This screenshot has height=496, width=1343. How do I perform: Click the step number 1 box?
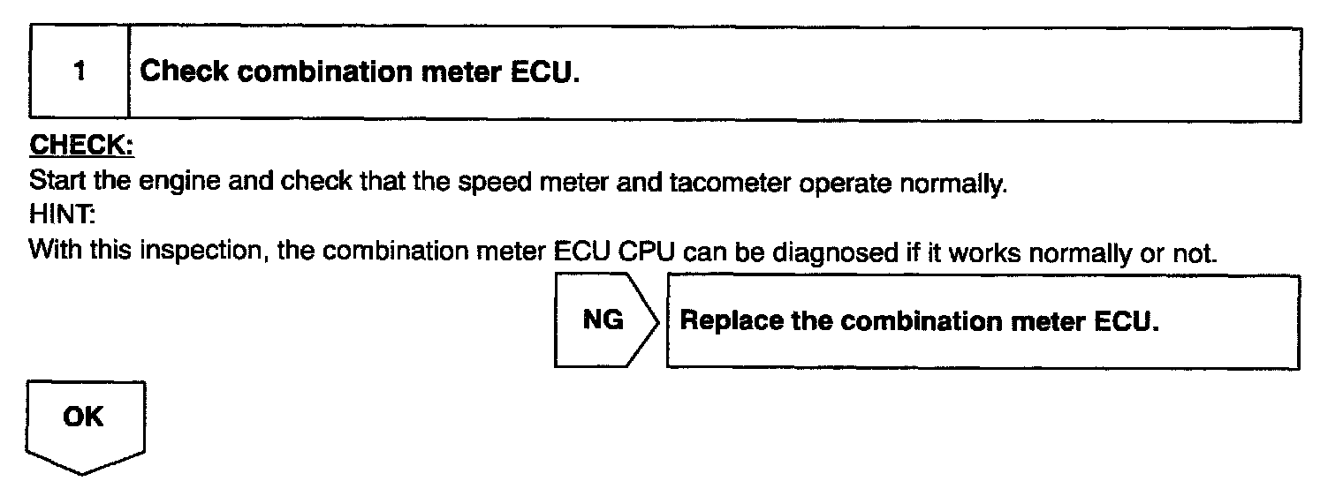(80, 72)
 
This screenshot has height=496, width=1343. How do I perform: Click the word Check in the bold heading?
(185, 72)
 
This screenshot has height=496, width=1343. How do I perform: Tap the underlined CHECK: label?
(80, 146)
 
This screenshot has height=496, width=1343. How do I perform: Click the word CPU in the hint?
(647, 253)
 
